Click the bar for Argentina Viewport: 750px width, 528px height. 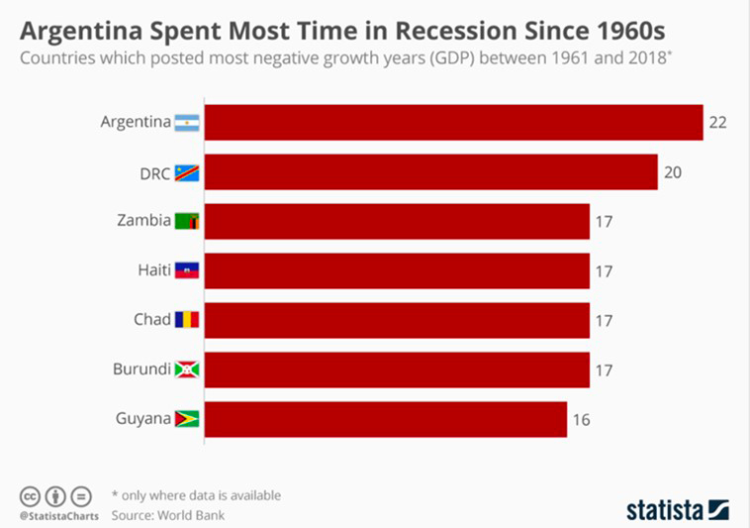[x=453, y=123]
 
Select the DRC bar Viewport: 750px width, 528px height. [x=431, y=172]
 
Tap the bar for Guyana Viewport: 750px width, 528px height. [x=386, y=419]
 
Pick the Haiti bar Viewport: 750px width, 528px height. [x=397, y=270]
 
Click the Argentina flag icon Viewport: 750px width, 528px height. [x=187, y=123]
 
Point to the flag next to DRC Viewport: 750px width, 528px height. [x=187, y=172]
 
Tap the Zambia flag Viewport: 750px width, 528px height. [x=187, y=221]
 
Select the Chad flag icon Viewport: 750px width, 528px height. [x=187, y=320]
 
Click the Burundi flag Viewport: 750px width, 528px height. [x=187, y=370]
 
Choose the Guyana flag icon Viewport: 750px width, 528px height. [x=187, y=419]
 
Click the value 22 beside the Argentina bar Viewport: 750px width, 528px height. [x=717, y=123]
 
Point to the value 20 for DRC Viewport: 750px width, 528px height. [x=673, y=172]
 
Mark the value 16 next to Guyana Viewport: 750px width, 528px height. [x=581, y=419]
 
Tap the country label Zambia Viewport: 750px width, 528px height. [x=143, y=221]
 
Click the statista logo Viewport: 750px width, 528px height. [x=677, y=509]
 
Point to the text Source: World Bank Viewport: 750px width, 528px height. [x=167, y=515]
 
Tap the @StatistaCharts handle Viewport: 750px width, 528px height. [x=54, y=517]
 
